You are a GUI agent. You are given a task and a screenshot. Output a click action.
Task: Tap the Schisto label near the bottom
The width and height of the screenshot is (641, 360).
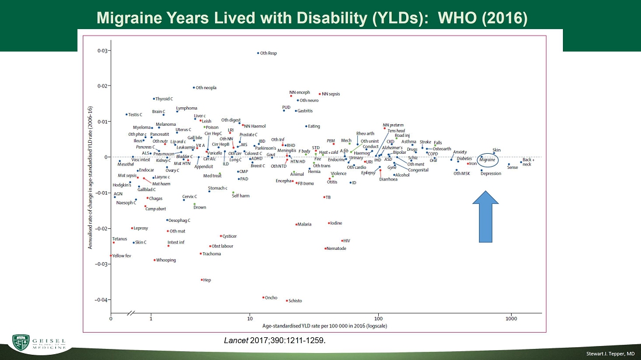[x=295, y=301]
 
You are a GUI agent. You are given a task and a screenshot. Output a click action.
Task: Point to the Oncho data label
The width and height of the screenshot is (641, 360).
[x=271, y=297]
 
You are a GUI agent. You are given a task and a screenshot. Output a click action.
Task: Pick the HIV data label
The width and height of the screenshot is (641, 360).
[x=346, y=241]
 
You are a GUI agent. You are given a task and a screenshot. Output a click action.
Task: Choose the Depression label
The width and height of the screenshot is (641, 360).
[x=491, y=173]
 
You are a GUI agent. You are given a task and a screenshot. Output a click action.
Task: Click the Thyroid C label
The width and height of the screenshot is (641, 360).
[x=164, y=99]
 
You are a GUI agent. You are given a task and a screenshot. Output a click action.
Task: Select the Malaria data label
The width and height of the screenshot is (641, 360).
[x=304, y=224]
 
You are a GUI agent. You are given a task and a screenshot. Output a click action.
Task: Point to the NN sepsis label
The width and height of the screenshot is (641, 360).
[x=330, y=94]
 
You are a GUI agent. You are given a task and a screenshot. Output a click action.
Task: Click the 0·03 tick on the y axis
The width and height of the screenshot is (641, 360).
[x=102, y=51]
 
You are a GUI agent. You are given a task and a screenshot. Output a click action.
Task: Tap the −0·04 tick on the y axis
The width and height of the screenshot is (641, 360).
[x=101, y=299]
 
